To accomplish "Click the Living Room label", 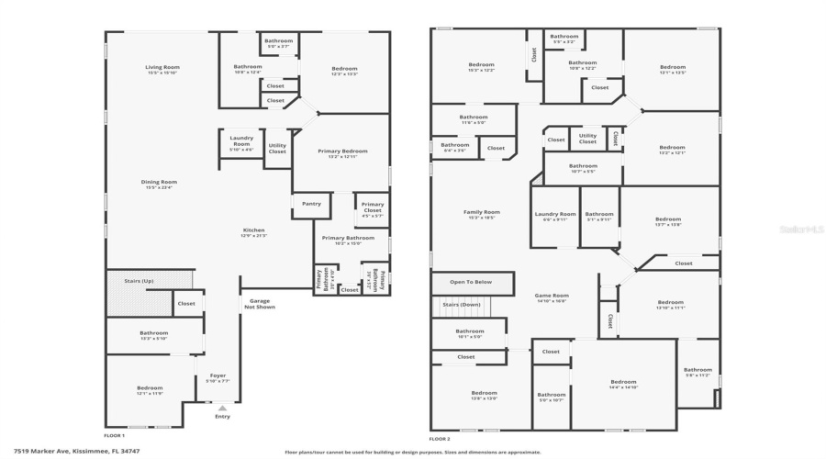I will click(162, 67).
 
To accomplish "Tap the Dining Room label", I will click(159, 182).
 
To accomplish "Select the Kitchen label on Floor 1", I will click(253, 229).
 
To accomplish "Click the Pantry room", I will click(311, 204).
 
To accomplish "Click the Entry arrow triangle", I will click(219, 408).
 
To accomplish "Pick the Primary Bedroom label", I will click(342, 151).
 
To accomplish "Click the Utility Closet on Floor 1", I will click(277, 148).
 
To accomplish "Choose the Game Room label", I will click(552, 297).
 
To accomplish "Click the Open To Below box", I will click(471, 282).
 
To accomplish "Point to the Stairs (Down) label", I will click(462, 304).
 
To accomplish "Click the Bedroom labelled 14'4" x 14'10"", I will click(623, 383).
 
